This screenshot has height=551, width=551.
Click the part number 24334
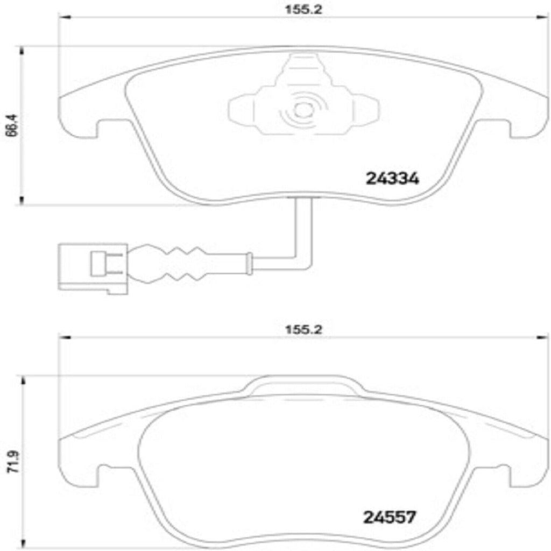392,179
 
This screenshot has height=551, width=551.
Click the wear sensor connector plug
93,267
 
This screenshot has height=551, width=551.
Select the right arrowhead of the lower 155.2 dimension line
542,337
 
